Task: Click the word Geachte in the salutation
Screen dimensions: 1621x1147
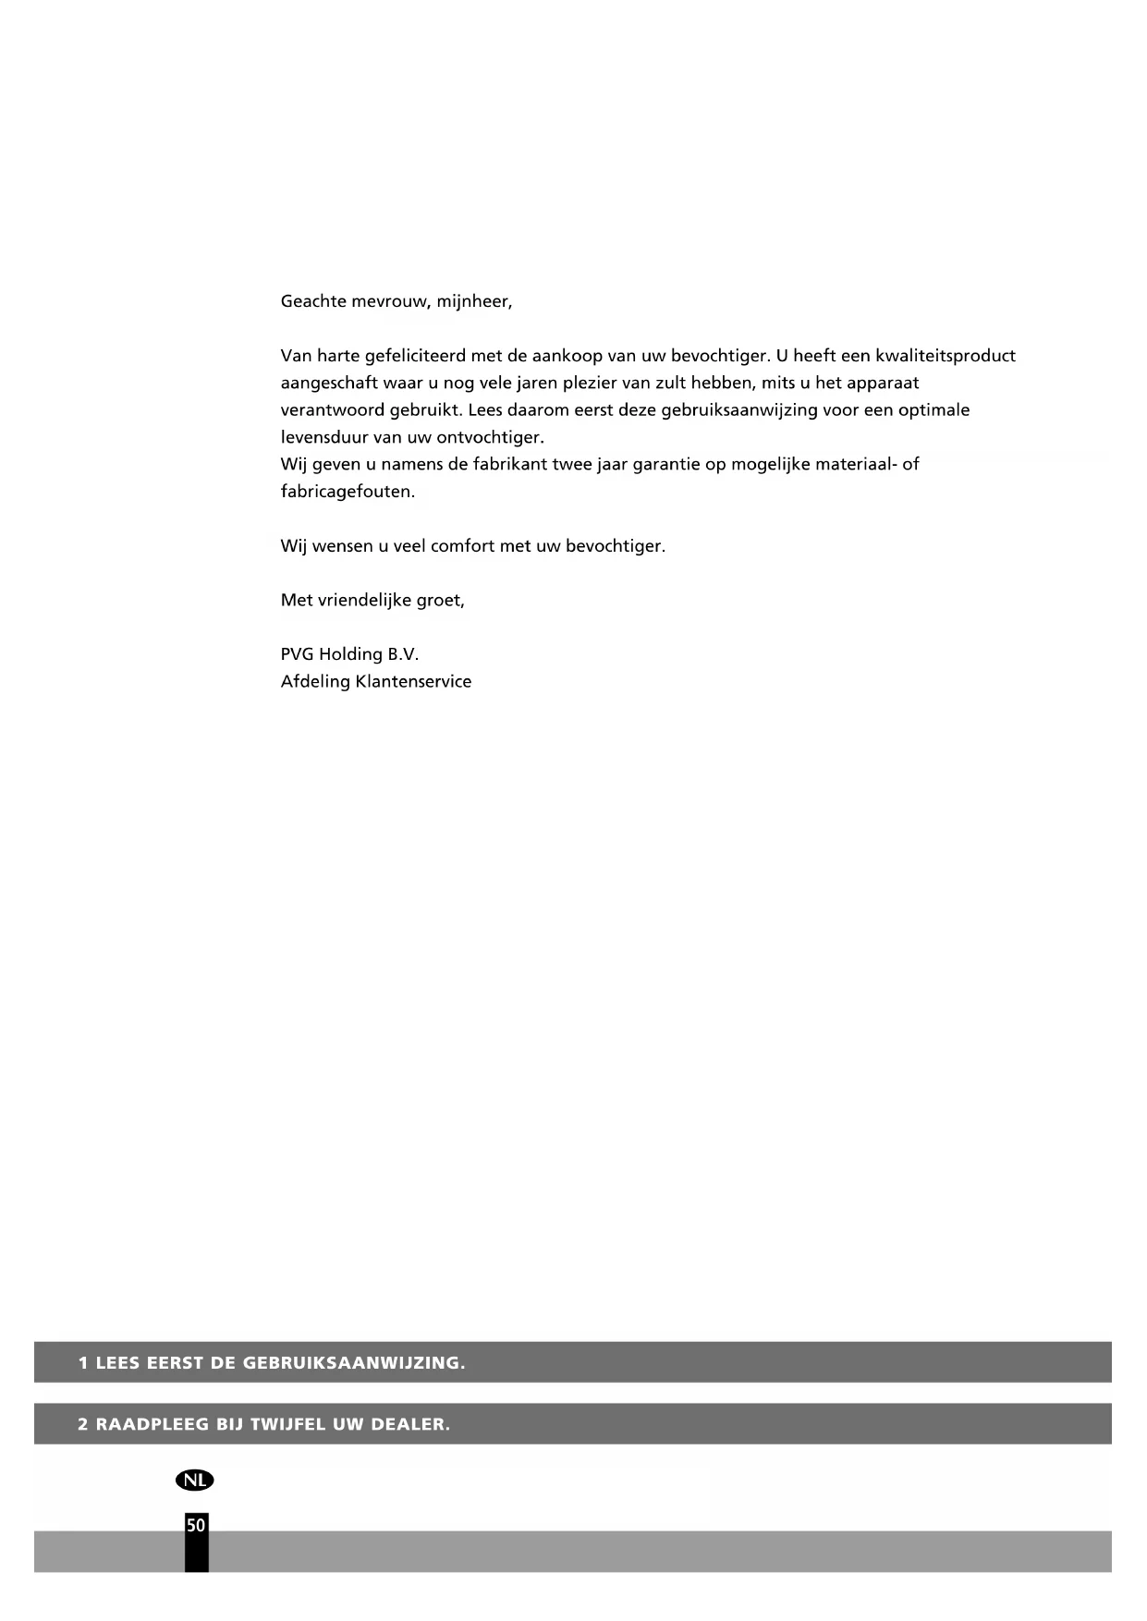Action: coord(313,301)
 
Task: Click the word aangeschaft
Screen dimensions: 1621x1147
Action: coord(328,384)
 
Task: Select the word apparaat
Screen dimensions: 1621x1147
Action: coord(880,384)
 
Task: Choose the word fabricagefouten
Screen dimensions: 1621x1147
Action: coord(348,492)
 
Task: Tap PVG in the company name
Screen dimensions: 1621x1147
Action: coord(297,654)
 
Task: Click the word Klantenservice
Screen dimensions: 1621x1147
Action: coord(413,682)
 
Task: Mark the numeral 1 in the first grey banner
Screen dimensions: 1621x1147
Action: coord(84,1362)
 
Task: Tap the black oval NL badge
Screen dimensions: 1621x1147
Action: coord(194,1481)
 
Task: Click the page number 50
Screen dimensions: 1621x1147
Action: coord(196,1526)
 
